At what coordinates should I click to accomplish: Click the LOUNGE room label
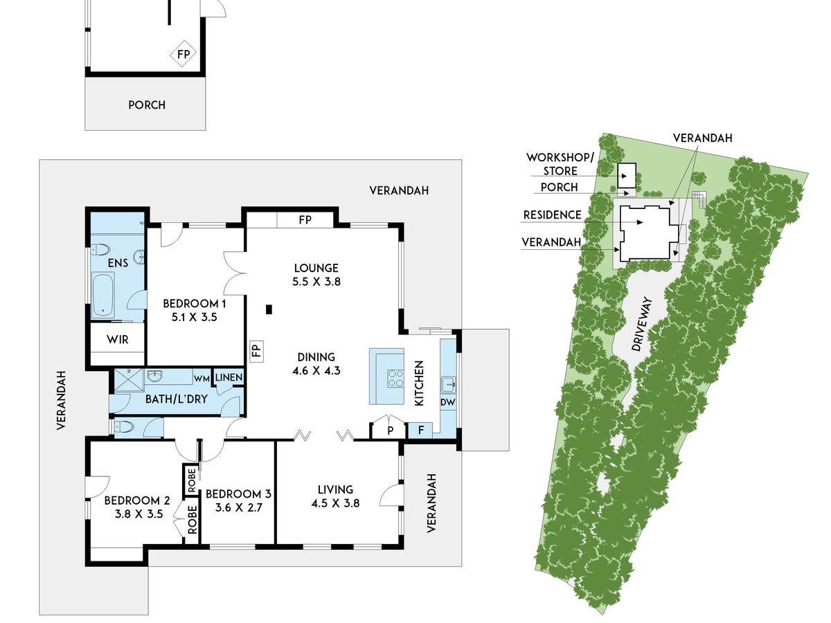click(316, 268)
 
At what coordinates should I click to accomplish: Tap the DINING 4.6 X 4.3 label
click(316, 363)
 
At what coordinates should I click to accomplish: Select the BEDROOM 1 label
click(194, 303)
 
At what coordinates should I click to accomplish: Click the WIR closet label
click(118, 340)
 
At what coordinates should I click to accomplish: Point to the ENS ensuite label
click(118, 263)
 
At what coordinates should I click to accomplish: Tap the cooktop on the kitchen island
click(395, 378)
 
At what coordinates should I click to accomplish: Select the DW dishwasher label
click(448, 402)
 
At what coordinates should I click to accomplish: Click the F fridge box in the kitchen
click(420, 430)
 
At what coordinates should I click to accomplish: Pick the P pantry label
click(391, 430)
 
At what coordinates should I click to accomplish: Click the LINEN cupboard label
click(229, 377)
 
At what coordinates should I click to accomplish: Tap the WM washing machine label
click(202, 378)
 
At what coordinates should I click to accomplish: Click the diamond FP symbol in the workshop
click(184, 54)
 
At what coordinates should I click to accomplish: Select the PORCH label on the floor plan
click(147, 105)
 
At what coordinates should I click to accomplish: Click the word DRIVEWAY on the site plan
click(643, 324)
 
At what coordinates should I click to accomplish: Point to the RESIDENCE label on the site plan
click(552, 215)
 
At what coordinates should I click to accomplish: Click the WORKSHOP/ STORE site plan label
click(560, 164)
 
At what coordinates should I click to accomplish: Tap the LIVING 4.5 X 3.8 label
click(335, 496)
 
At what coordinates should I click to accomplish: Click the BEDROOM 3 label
click(238, 494)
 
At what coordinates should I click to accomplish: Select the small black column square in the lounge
click(269, 309)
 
